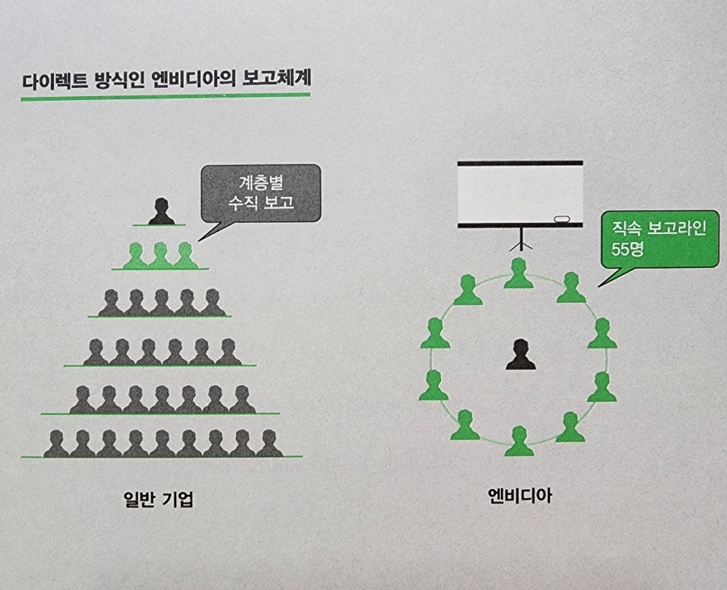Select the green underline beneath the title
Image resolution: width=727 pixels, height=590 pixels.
(166, 97)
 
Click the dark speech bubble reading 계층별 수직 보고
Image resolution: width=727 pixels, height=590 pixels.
(260, 194)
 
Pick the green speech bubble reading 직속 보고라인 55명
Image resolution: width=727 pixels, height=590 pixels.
(659, 239)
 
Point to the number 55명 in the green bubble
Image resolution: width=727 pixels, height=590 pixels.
(628, 249)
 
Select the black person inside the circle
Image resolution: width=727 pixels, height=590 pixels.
(521, 355)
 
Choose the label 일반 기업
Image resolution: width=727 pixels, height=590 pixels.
(155, 500)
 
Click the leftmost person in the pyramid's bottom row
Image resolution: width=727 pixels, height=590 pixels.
(56, 443)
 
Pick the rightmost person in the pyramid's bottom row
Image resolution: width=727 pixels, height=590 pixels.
(269, 443)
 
